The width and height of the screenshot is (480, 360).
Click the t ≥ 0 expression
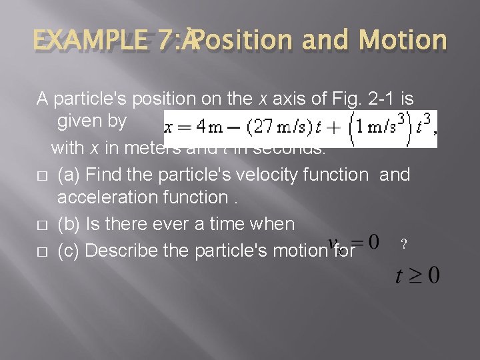tap(417, 274)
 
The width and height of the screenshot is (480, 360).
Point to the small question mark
tap(402, 245)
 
